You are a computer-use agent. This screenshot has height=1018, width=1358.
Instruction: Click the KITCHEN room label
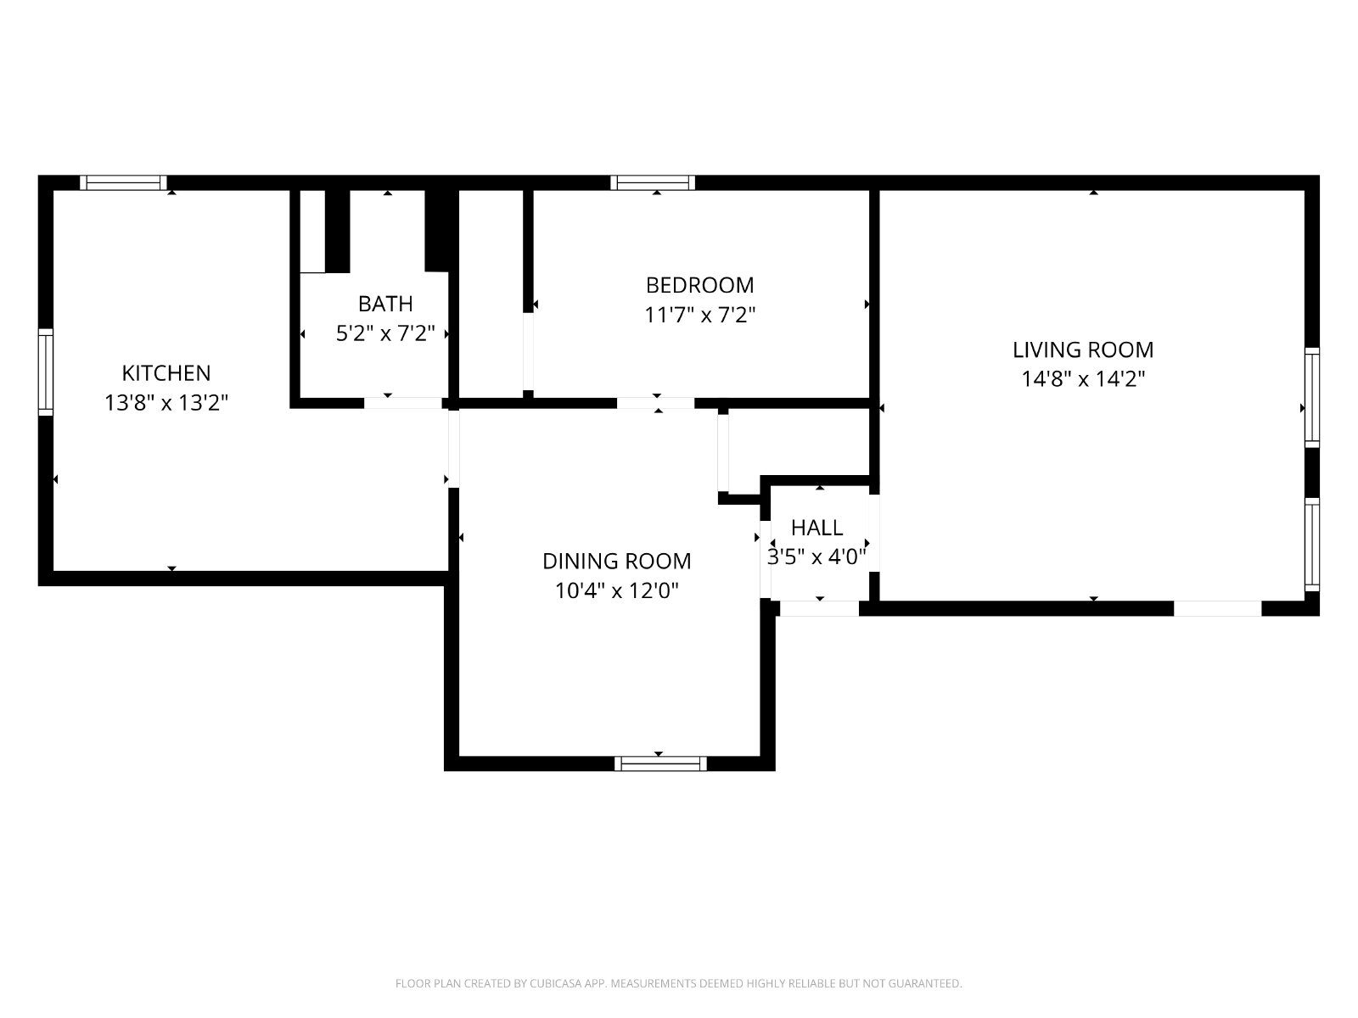point(166,373)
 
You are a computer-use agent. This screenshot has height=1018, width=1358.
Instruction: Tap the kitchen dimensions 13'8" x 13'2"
point(166,403)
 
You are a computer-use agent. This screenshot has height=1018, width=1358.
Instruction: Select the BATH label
point(385,304)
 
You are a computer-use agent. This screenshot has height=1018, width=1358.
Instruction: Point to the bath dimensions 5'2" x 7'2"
point(385,333)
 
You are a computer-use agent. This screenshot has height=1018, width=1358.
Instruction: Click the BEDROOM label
point(699,286)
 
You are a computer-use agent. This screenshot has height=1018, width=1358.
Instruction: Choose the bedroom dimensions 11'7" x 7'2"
point(699,316)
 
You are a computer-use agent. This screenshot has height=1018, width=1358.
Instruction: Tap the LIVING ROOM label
point(1083,350)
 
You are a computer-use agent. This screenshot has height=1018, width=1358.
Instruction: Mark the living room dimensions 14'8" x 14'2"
point(1083,379)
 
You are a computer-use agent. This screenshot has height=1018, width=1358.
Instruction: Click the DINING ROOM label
point(616,562)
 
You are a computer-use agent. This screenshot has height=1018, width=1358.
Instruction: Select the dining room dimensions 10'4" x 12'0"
point(616,591)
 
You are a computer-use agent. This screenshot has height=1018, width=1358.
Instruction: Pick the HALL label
point(816,528)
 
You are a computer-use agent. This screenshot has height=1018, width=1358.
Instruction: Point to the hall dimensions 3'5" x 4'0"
point(816,557)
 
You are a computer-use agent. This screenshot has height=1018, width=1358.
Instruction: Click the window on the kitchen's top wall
point(124,183)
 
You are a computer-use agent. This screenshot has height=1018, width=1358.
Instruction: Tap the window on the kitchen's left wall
point(46,372)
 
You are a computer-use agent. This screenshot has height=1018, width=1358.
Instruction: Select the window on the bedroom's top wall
point(653,183)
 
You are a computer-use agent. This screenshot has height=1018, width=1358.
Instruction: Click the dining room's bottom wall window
point(660,764)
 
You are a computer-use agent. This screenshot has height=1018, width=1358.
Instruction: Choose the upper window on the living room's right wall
point(1312,397)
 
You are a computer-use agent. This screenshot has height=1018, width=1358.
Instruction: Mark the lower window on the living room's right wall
point(1312,545)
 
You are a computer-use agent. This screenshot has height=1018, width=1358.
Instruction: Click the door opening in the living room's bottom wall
point(1218,609)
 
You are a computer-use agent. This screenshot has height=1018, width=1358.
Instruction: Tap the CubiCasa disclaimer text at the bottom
point(679,983)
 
